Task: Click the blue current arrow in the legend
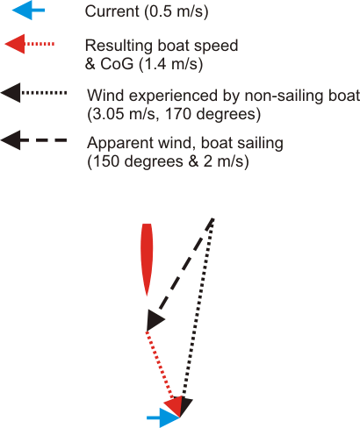(28, 11)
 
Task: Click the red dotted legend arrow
(30, 44)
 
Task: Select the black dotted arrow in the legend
(33, 93)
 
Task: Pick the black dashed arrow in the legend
(33, 140)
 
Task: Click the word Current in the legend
(112, 11)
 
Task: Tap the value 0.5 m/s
(176, 12)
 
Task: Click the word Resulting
(119, 46)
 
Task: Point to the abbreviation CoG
(117, 64)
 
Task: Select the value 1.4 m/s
(171, 64)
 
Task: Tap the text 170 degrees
(212, 114)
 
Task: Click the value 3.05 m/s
(124, 114)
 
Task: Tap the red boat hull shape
(147, 260)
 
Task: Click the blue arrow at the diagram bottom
(163, 417)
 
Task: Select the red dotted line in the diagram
(161, 366)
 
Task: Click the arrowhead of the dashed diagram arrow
(155, 320)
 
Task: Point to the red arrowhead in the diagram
(174, 406)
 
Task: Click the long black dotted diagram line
(198, 309)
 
